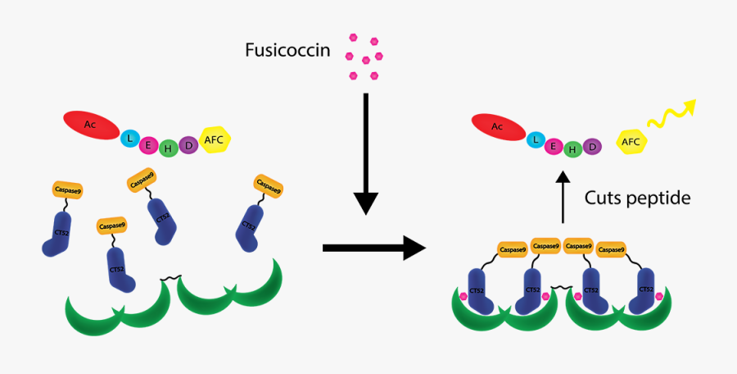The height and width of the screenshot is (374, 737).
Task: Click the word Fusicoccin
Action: click(x=287, y=51)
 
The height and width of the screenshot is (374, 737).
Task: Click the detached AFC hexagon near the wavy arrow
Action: click(x=631, y=142)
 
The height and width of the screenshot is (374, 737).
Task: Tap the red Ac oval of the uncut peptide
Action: click(x=91, y=125)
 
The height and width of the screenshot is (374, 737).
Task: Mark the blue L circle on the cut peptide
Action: click(x=536, y=141)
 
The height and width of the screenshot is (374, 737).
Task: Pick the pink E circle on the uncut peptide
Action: click(x=149, y=145)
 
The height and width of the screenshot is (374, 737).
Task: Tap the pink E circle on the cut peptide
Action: click(x=554, y=146)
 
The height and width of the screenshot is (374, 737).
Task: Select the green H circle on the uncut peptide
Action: click(x=168, y=148)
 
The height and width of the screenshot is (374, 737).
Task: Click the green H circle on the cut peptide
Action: click(x=573, y=148)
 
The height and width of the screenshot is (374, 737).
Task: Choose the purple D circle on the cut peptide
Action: click(x=592, y=146)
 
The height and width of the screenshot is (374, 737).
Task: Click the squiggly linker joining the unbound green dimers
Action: click(x=170, y=280)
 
